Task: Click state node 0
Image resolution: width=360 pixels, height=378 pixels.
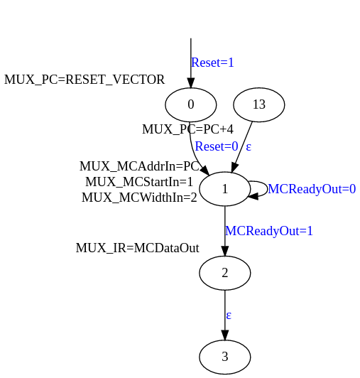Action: pyautogui.click(x=190, y=104)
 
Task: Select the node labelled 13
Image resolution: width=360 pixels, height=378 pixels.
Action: pyautogui.click(x=259, y=104)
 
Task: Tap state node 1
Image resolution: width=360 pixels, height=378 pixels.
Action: pyautogui.click(x=225, y=189)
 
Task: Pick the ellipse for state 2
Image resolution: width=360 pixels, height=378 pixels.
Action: pyautogui.click(x=225, y=273)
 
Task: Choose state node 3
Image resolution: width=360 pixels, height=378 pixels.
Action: pyautogui.click(x=225, y=357)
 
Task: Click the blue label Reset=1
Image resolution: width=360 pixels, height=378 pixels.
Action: pyautogui.click(x=212, y=63)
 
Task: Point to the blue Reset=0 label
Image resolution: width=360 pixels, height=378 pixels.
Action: pyautogui.click(x=217, y=146)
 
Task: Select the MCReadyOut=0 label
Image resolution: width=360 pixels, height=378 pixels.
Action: pyautogui.click(x=312, y=189)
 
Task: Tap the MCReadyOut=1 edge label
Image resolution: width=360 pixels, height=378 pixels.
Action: pyautogui.click(x=269, y=231)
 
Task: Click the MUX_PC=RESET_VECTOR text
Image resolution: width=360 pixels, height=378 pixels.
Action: pyautogui.click(x=84, y=80)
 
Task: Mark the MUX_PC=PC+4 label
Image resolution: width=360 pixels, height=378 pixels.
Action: pyautogui.click(x=187, y=129)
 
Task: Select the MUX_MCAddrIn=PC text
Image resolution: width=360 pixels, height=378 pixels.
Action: pyautogui.click(x=139, y=166)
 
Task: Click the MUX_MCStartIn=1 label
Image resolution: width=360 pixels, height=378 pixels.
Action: pyautogui.click(x=139, y=182)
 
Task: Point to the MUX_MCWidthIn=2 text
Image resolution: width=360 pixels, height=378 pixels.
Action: pyautogui.click(x=139, y=198)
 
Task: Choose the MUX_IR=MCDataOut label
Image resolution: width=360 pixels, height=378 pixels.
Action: pyautogui.click(x=137, y=248)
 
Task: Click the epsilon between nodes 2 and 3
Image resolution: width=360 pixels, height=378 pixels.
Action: pyautogui.click(x=229, y=315)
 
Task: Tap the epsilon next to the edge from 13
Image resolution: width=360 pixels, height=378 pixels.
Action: pyautogui.click(x=249, y=146)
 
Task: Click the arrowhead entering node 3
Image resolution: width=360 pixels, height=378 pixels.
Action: pyautogui.click(x=225, y=335)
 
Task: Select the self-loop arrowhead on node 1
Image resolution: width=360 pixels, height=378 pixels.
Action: pyautogui.click(x=253, y=196)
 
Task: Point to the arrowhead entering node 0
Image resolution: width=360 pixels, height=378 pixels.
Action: pyautogui.click(x=191, y=83)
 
